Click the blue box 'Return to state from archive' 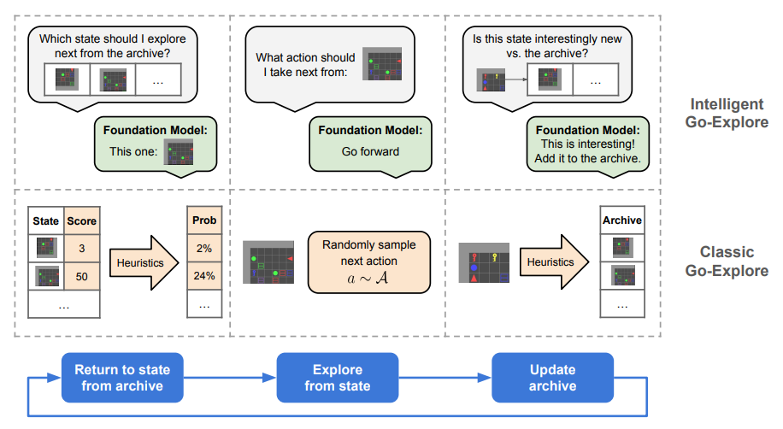[x=122, y=378]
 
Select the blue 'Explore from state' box [x=338, y=378]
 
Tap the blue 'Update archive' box [x=553, y=378]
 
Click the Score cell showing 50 [x=82, y=276]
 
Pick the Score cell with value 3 [x=82, y=248]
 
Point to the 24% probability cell [x=204, y=276]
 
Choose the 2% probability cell [x=204, y=248]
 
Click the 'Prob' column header [x=204, y=220]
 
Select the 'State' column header [x=46, y=220]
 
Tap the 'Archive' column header [x=622, y=220]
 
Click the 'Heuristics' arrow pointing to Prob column [x=144, y=262]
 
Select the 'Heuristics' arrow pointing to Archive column [x=554, y=262]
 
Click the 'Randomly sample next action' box [x=369, y=262]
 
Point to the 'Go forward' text [x=370, y=151]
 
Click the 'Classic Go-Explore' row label [x=727, y=262]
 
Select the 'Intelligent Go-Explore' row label [x=727, y=113]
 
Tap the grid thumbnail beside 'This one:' [x=180, y=153]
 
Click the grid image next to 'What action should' [x=382, y=64]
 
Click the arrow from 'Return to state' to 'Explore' [x=230, y=378]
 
